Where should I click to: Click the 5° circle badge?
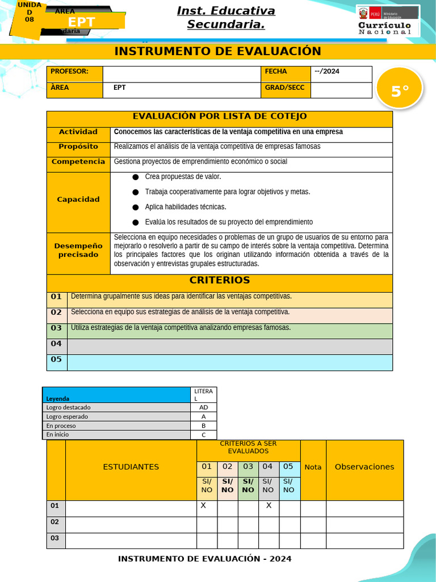point(399,90)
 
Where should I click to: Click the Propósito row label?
point(78,147)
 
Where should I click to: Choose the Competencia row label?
point(78,161)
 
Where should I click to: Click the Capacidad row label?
point(78,199)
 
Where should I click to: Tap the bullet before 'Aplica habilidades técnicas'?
point(135,207)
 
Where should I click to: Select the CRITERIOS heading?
point(219,280)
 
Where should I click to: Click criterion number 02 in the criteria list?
point(56,313)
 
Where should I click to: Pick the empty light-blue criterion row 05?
point(229,362)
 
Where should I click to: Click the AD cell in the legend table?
point(203,408)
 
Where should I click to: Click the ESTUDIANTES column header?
point(131,467)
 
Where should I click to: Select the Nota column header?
point(313,467)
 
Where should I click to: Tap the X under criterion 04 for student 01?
point(269,505)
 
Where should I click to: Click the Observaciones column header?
point(364,467)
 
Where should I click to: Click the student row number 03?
point(55,538)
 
